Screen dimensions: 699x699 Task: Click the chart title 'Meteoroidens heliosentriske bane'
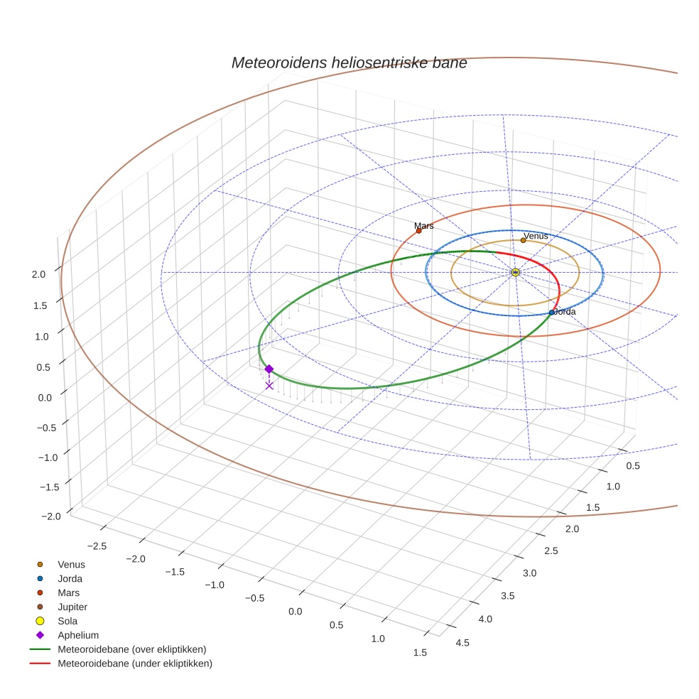click(x=349, y=63)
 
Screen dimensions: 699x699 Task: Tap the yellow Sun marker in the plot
click(x=515, y=272)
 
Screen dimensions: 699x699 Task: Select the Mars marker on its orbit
click(x=418, y=231)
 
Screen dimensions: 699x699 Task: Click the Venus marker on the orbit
click(x=523, y=240)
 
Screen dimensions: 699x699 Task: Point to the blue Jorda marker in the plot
click(x=552, y=313)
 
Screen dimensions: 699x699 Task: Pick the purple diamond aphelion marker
click(x=269, y=369)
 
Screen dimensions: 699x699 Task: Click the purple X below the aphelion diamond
click(x=269, y=385)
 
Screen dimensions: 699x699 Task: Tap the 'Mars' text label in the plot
click(x=424, y=226)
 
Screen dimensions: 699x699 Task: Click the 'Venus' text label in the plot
click(x=536, y=235)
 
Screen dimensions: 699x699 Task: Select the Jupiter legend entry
click(x=72, y=607)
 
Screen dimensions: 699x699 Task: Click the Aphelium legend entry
click(x=77, y=635)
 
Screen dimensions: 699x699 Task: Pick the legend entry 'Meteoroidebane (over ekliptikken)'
click(x=131, y=649)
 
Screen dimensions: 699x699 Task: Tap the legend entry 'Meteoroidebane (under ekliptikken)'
click(x=134, y=663)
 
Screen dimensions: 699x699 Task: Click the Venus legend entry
click(x=71, y=564)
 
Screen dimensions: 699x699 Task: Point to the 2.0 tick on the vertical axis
click(x=39, y=273)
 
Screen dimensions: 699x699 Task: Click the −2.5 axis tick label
click(x=96, y=545)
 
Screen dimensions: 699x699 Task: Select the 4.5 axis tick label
click(x=462, y=643)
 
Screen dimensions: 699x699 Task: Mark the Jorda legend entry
click(x=70, y=578)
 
